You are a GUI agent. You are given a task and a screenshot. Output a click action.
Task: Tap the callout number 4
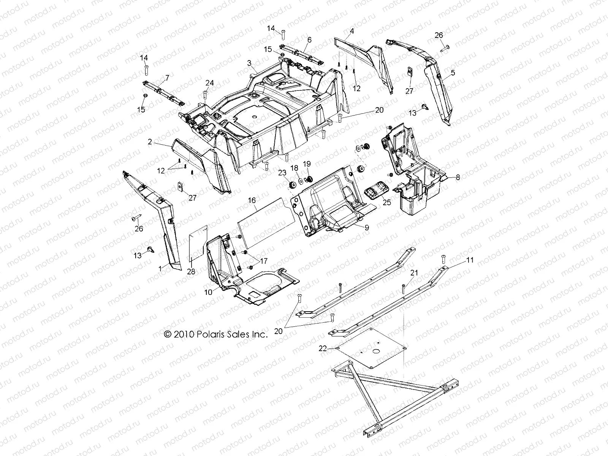[x=352, y=31]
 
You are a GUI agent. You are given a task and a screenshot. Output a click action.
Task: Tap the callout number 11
[x=470, y=260]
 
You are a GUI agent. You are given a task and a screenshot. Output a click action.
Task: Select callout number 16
[x=252, y=200]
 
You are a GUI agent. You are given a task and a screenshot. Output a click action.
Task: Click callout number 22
[x=323, y=348]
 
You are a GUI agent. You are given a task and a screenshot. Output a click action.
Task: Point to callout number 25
[x=387, y=203]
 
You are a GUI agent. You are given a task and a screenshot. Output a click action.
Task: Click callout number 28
[x=191, y=271]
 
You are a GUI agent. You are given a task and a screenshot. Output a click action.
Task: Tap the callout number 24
[x=210, y=83]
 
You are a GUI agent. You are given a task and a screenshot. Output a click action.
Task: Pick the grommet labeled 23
[x=293, y=185]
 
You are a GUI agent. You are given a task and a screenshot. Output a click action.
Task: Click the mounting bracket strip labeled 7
[x=164, y=93]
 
